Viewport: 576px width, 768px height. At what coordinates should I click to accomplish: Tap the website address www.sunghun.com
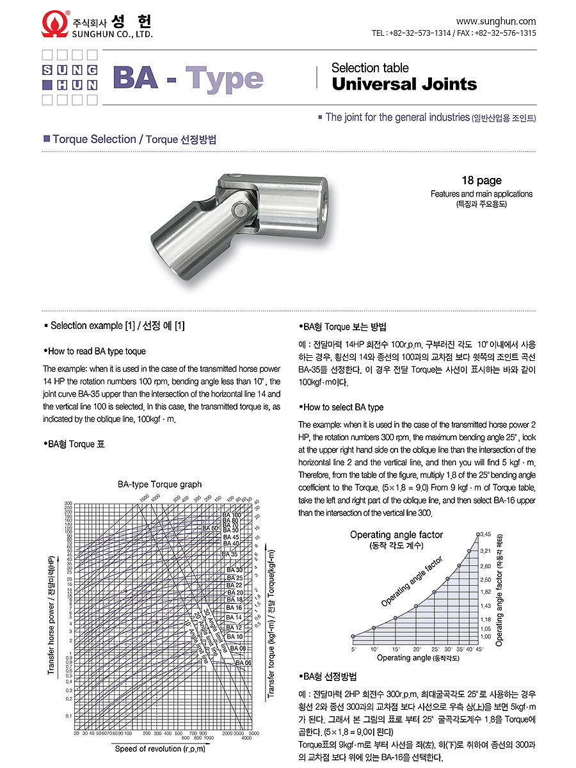coord(496,21)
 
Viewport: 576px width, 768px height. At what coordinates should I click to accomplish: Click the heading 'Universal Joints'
coord(404,84)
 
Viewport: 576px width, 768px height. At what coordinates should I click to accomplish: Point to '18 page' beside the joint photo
coord(481,180)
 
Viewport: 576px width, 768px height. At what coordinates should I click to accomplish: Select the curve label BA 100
coord(232,515)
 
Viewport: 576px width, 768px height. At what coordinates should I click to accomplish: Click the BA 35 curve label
coord(230,554)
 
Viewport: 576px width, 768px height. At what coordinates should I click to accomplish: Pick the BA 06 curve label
coord(243,662)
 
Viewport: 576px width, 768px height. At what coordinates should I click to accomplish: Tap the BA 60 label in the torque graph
coord(211,528)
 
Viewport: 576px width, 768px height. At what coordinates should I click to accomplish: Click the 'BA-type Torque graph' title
coord(159,484)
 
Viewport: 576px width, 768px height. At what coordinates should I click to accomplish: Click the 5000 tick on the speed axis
coord(254,733)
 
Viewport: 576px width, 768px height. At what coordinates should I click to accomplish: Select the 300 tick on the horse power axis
coord(68,504)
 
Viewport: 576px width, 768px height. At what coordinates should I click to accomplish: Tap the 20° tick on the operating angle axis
coord(417,649)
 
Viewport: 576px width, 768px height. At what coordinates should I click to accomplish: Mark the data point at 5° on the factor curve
coord(353,636)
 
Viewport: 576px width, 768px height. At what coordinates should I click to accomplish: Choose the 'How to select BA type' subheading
coord(342,407)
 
